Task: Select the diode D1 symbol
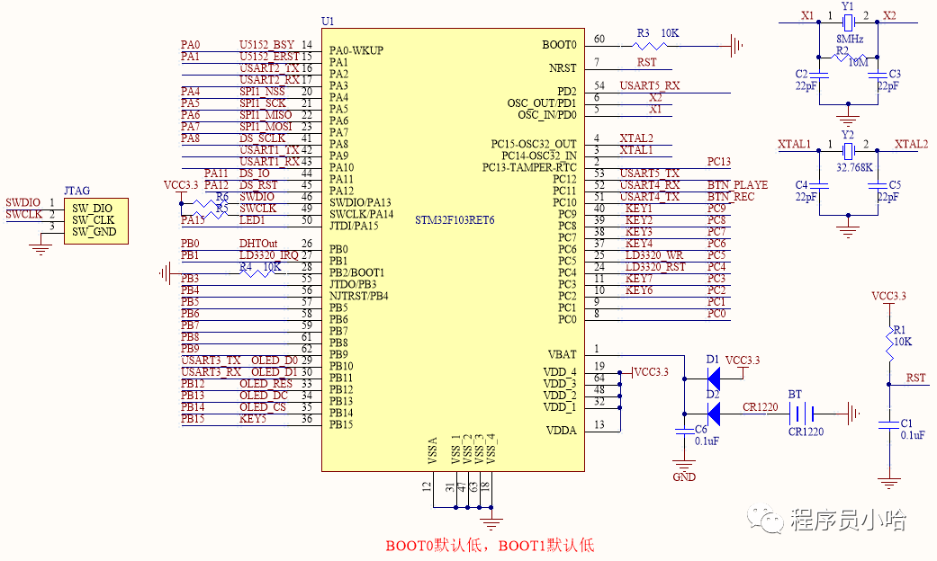712,373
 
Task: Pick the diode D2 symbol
712,414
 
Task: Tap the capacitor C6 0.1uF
685,431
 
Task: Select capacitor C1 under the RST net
890,423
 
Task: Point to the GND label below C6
684,476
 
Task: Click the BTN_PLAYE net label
737,185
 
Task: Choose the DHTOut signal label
257,244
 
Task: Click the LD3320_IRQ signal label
268,255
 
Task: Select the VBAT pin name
562,354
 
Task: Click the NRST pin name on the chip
563,68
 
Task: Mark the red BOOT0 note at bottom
490,545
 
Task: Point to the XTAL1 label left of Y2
795,144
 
